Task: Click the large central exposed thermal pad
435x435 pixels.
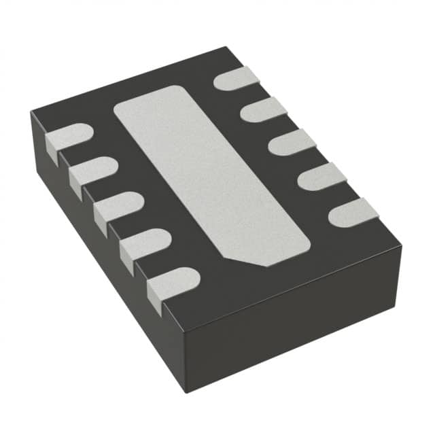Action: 211,173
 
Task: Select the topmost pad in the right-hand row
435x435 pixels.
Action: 237,79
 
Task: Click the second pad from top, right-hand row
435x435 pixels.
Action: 264,109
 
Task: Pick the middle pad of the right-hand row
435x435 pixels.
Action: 292,141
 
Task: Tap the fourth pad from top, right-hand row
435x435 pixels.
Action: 321,176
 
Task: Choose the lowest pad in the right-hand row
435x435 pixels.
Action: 353,212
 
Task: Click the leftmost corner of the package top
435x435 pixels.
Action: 31,112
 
